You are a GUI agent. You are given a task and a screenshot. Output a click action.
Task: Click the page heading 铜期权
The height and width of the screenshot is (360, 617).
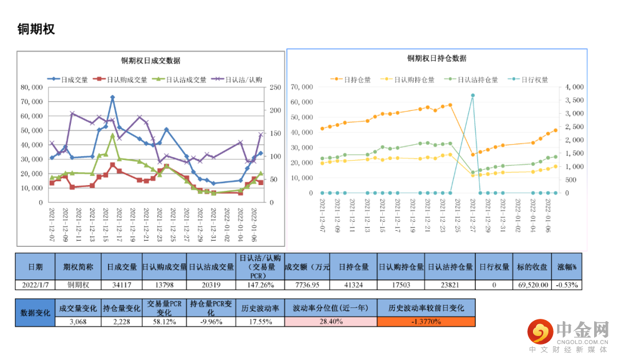[x=37, y=29]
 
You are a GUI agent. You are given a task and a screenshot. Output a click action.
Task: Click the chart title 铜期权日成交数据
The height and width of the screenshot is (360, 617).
[x=150, y=61]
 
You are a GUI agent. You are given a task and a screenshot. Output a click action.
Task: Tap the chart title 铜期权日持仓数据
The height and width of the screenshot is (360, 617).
[x=436, y=59]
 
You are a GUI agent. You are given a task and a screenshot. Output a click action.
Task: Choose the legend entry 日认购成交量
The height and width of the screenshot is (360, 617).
[x=125, y=80]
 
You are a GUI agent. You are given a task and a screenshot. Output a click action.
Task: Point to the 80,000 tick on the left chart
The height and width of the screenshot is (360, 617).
[x=31, y=87]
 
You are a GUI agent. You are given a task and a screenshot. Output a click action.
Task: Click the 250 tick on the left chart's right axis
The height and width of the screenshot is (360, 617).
[x=275, y=87]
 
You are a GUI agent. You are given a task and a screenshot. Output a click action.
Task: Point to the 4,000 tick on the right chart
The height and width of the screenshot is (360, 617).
[x=574, y=87]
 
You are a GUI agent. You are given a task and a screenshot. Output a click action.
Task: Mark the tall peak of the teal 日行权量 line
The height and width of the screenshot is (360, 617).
[x=472, y=95]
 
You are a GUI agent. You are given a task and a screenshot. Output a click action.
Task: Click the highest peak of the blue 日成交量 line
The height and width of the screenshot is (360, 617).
[x=113, y=98]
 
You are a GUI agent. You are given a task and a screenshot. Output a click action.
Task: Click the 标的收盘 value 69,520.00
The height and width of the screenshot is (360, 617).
[x=532, y=285]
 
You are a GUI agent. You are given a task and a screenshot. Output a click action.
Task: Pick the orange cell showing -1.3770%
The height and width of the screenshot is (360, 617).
[x=426, y=322]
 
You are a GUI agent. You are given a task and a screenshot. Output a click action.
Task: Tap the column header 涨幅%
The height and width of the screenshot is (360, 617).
[x=567, y=267]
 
